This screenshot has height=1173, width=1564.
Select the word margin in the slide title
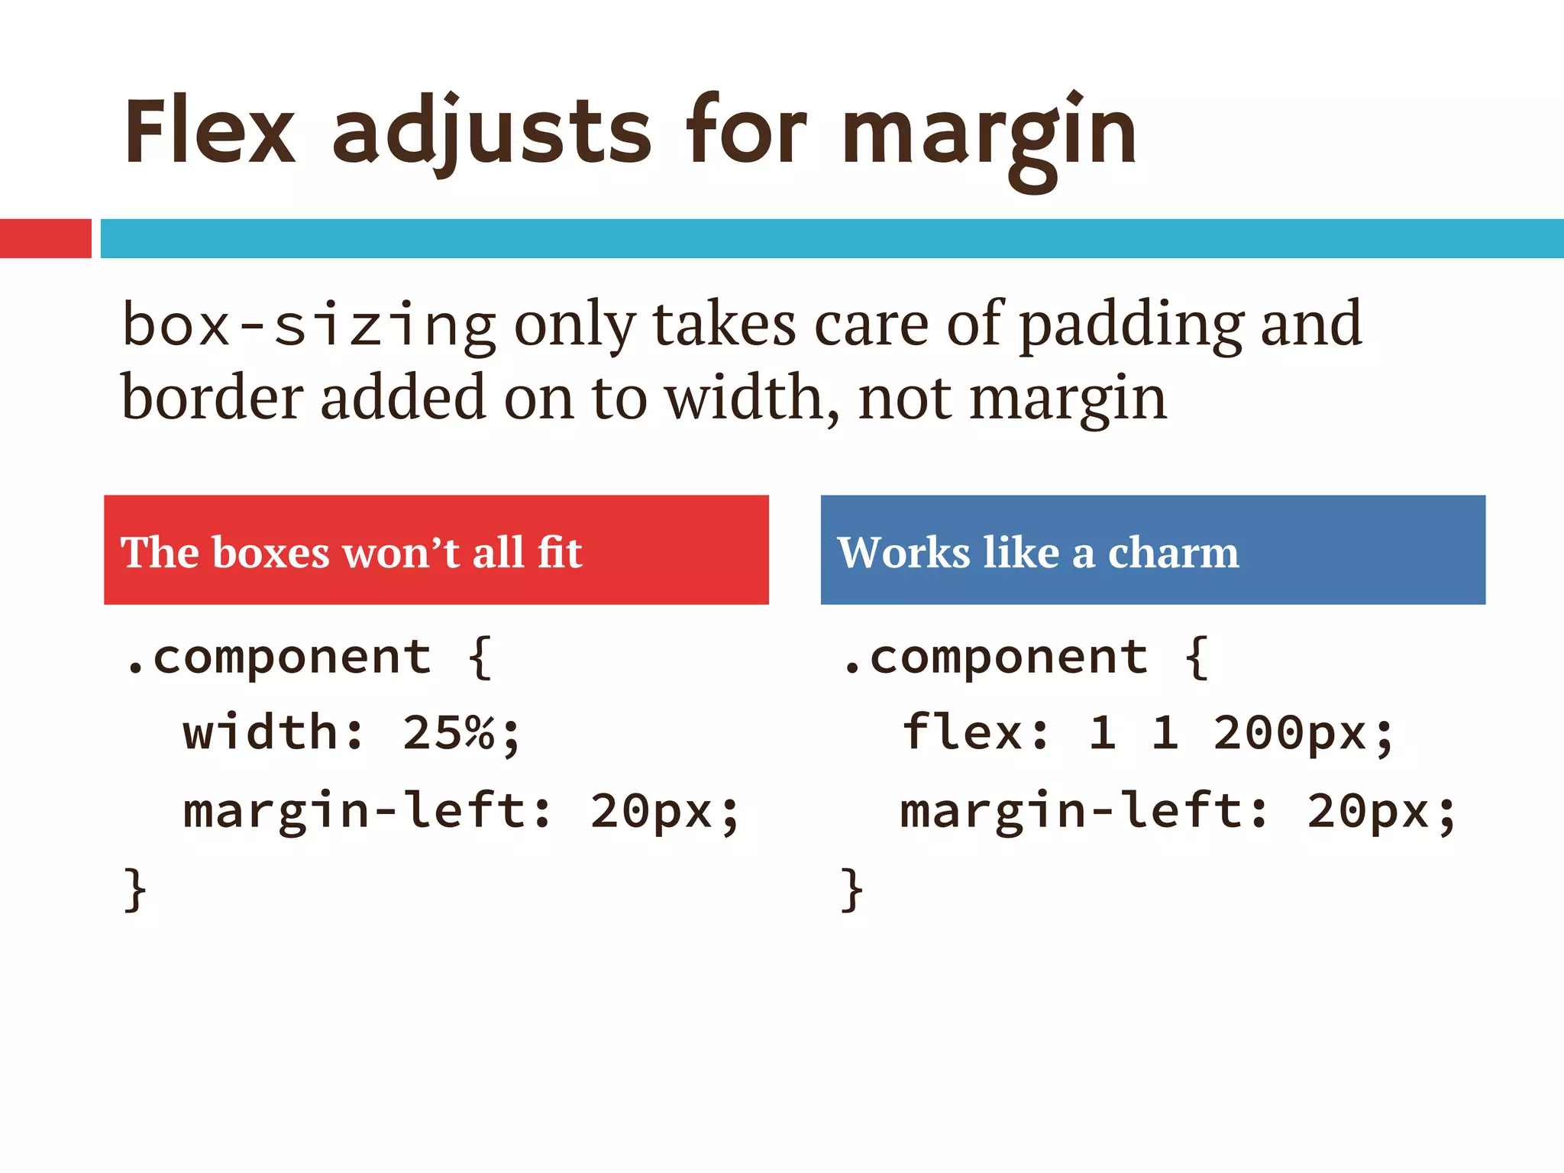[x=990, y=137]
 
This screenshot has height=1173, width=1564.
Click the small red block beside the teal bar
[x=45, y=238]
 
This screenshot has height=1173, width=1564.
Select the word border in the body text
[x=212, y=398]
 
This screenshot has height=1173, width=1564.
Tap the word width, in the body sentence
[x=751, y=398]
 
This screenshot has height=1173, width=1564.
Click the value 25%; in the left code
[x=460, y=733]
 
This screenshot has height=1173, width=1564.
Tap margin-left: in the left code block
[x=367, y=810]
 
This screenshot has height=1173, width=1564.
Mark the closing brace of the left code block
[x=135, y=889]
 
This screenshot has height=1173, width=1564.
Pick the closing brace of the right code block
[x=851, y=889]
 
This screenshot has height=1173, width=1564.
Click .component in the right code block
[x=994, y=657]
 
